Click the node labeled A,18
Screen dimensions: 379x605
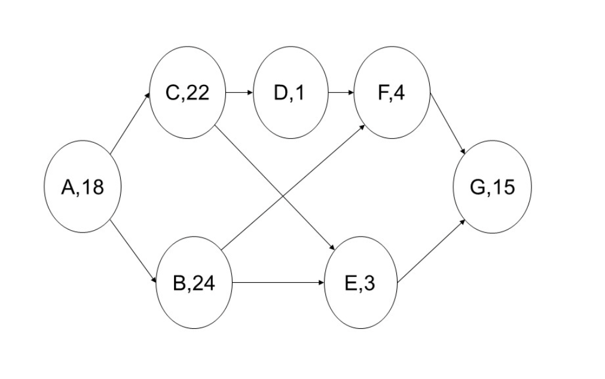click(83, 187)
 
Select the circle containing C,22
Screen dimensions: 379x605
click(188, 93)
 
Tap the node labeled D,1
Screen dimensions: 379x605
click(291, 93)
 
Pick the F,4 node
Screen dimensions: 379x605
click(392, 93)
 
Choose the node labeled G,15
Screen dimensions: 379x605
click(492, 187)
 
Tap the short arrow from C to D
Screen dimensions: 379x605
click(239, 93)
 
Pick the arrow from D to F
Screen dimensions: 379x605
click(341, 93)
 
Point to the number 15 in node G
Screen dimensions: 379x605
click(502, 187)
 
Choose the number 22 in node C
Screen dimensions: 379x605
click(198, 93)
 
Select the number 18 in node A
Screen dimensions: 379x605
click(93, 187)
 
